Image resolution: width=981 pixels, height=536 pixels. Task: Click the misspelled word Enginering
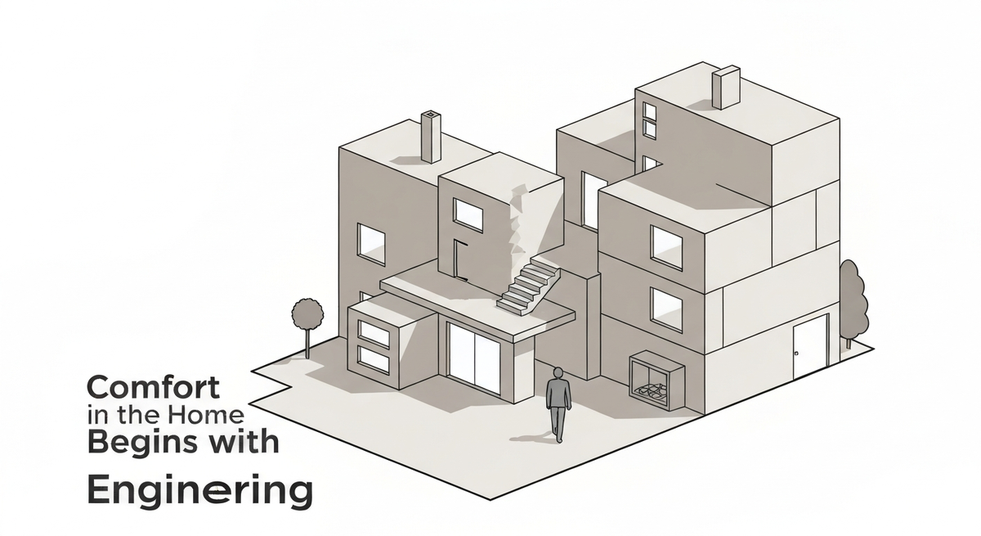tap(200, 493)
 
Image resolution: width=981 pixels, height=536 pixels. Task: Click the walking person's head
tap(558, 373)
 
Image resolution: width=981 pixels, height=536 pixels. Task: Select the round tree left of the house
tap(307, 313)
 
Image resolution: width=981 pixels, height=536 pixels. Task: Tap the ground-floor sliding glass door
tap(474, 358)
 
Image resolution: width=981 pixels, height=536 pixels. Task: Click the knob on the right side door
tap(795, 353)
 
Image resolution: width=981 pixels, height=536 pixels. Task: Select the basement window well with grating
tap(655, 380)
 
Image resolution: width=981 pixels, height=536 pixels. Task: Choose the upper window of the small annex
tap(374, 332)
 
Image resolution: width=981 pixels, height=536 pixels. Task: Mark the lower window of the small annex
tap(374, 359)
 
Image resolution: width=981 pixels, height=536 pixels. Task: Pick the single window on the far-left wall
tap(372, 243)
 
